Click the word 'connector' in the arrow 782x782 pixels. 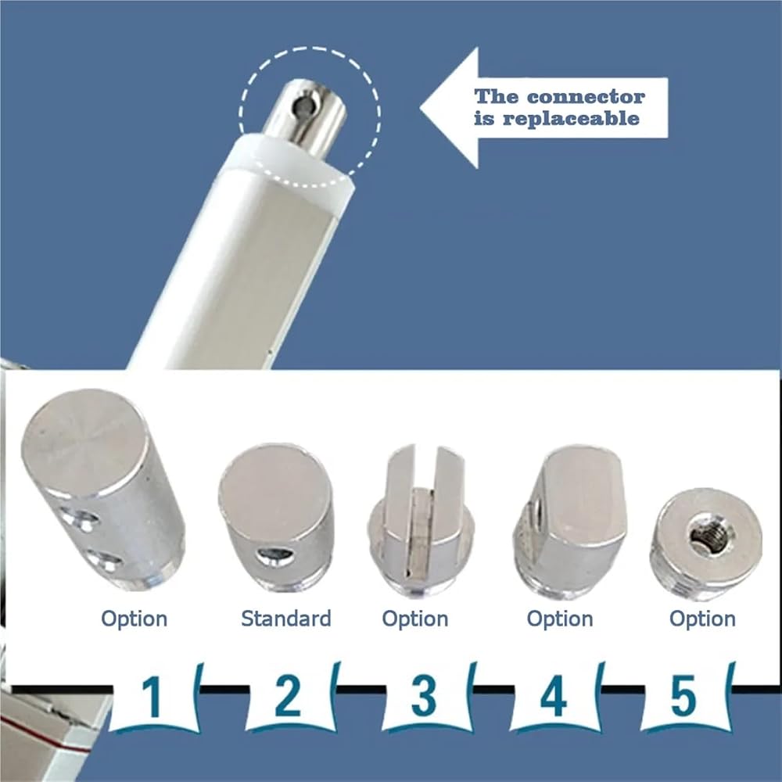click(x=586, y=96)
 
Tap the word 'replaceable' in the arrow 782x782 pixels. click(x=571, y=118)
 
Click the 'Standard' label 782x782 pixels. click(x=285, y=619)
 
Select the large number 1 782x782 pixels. click(x=152, y=697)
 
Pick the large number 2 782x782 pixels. click(x=288, y=696)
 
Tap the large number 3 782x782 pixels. click(x=423, y=696)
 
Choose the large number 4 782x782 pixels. click(x=554, y=696)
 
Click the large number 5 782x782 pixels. click(x=683, y=696)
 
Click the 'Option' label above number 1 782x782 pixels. click(x=135, y=619)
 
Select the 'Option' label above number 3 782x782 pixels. click(x=415, y=619)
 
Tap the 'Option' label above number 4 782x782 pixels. click(x=560, y=619)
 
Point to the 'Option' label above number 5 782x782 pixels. click(x=702, y=619)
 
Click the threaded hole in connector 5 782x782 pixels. click(x=705, y=536)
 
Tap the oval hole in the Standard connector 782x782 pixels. click(x=274, y=556)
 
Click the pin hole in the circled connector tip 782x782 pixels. click(x=302, y=106)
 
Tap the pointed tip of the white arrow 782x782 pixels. click(x=421, y=107)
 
